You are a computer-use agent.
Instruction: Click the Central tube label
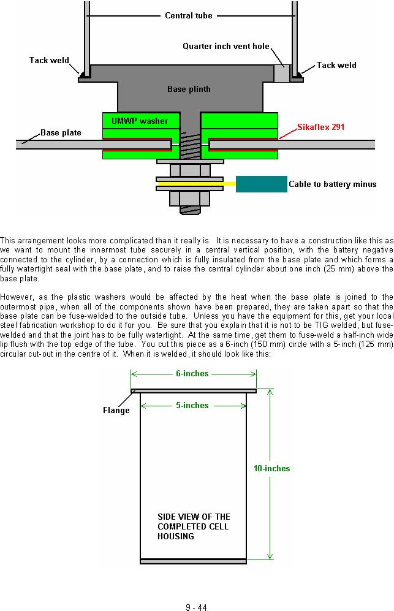point(189,15)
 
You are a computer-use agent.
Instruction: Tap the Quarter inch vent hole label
point(226,47)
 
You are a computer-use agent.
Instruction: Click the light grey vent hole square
point(281,74)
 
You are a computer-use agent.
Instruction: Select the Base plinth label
point(189,89)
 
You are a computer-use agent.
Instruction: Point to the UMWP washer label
point(140,121)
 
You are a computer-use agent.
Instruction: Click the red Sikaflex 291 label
point(320,127)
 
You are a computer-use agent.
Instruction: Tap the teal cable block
point(262,184)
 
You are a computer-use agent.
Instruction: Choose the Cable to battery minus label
point(333,184)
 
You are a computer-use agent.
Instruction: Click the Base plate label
point(61,133)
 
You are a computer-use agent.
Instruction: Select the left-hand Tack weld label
point(49,61)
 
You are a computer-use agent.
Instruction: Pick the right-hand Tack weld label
point(336,66)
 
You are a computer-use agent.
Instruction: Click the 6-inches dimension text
point(192,374)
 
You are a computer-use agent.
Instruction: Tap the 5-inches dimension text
point(192,406)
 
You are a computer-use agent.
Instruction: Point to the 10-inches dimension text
point(272,469)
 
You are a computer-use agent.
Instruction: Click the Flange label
point(116,411)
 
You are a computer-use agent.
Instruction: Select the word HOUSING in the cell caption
point(176,537)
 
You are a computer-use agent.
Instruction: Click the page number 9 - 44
point(197,607)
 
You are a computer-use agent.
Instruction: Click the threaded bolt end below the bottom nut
point(190,210)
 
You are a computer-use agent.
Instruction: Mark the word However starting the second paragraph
point(17,297)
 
